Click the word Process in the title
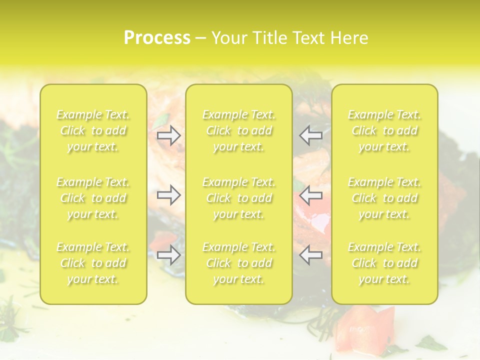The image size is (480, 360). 157,38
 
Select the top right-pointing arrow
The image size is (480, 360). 169,135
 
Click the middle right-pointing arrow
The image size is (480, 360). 169,194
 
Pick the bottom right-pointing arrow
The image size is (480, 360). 169,254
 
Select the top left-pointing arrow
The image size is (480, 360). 310,135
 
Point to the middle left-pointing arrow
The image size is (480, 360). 310,194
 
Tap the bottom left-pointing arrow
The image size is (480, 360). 310,254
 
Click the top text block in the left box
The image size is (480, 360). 93,130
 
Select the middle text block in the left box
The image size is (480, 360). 93,198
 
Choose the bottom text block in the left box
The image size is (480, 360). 93,263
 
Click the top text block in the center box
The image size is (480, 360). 239,130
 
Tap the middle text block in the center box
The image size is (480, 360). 239,198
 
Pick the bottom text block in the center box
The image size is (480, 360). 239,263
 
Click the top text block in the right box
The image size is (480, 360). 384,130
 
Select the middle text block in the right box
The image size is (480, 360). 384,198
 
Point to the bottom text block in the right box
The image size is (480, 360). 384,263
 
